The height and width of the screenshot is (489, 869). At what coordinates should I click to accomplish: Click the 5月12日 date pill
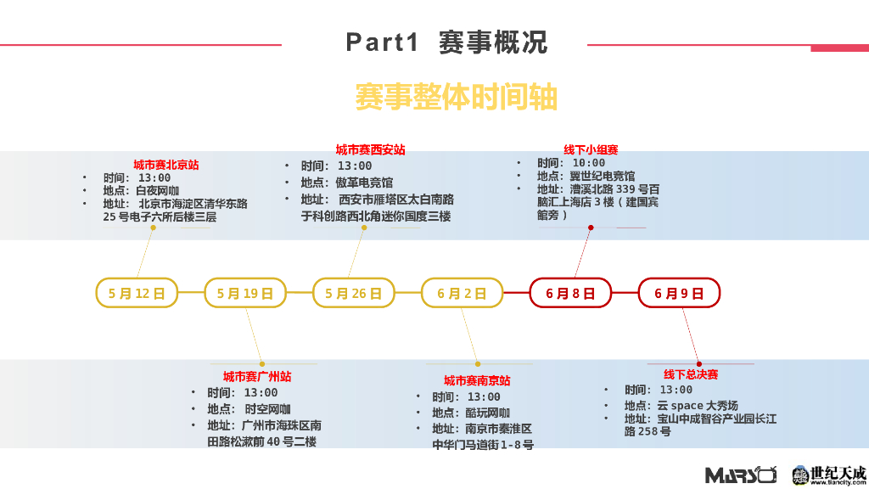pyautogui.click(x=137, y=293)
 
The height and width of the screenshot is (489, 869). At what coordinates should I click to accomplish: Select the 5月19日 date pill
pyautogui.click(x=245, y=293)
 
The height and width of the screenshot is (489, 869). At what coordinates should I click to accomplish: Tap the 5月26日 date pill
pyautogui.click(x=354, y=293)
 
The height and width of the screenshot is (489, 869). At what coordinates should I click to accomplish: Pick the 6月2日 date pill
pyautogui.click(x=462, y=293)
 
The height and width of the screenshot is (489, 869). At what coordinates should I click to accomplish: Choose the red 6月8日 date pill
pyautogui.click(x=570, y=293)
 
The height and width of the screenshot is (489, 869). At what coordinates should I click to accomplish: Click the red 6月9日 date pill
pyautogui.click(x=679, y=293)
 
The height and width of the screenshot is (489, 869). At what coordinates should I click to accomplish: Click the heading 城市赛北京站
pyautogui.click(x=165, y=165)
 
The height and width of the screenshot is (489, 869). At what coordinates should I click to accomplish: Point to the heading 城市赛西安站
pyautogui.click(x=370, y=149)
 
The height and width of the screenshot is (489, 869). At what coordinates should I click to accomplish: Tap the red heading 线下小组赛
pyautogui.click(x=591, y=149)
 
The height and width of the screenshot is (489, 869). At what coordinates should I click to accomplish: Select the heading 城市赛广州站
pyautogui.click(x=257, y=376)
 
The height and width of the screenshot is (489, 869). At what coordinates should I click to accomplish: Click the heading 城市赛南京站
pyautogui.click(x=477, y=380)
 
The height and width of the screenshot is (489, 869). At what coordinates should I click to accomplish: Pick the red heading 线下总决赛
pyautogui.click(x=691, y=374)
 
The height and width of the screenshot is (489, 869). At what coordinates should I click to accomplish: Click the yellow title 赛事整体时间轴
pyautogui.click(x=456, y=98)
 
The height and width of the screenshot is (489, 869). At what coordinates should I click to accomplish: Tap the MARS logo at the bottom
pyautogui.click(x=741, y=475)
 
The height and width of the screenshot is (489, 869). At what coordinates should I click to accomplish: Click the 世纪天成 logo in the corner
pyautogui.click(x=829, y=475)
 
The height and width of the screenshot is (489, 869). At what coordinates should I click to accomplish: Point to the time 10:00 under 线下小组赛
pyautogui.click(x=589, y=163)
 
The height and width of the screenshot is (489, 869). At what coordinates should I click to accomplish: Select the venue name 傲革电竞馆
pyautogui.click(x=364, y=183)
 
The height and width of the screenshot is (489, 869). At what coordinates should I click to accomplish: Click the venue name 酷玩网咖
pyautogui.click(x=488, y=413)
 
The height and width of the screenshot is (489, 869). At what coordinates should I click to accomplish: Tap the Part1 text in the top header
pyautogui.click(x=383, y=42)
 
